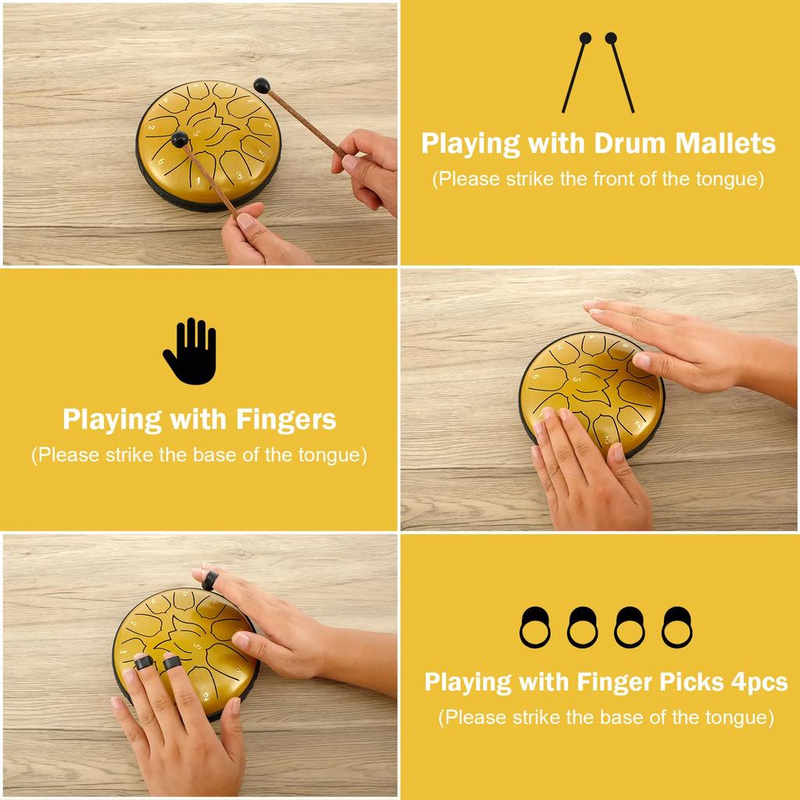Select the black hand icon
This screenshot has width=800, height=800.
click(189, 352)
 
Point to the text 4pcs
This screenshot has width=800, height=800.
click(759, 682)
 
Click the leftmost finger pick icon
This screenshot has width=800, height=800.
click(534, 627)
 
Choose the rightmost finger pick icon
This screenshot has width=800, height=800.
click(677, 627)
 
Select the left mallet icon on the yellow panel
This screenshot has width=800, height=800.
click(575, 72)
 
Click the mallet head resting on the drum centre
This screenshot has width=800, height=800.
click(179, 139)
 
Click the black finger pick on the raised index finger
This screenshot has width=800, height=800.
click(210, 580)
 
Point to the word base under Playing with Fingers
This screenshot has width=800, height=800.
click(216, 455)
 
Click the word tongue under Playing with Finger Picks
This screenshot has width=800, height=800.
click(740, 717)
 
